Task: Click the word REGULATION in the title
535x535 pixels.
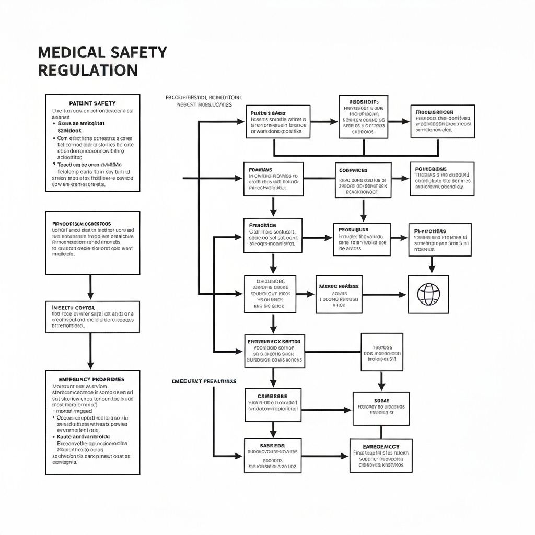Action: point(88,70)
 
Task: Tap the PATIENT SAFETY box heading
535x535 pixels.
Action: point(92,103)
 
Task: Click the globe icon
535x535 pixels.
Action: point(428,294)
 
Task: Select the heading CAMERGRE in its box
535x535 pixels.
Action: point(272,397)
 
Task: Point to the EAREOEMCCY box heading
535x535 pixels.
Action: point(381,447)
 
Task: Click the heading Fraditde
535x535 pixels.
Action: point(263,225)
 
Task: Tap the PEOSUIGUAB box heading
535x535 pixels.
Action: point(354,229)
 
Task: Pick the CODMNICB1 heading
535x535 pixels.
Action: point(354,170)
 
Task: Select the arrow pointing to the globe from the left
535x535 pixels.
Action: point(385,295)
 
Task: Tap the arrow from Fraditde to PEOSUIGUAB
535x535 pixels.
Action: point(318,238)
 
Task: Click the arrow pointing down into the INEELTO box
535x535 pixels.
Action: point(90,288)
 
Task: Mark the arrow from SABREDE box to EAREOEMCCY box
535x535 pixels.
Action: point(325,456)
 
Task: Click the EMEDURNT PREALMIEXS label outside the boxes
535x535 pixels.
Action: point(204,382)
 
